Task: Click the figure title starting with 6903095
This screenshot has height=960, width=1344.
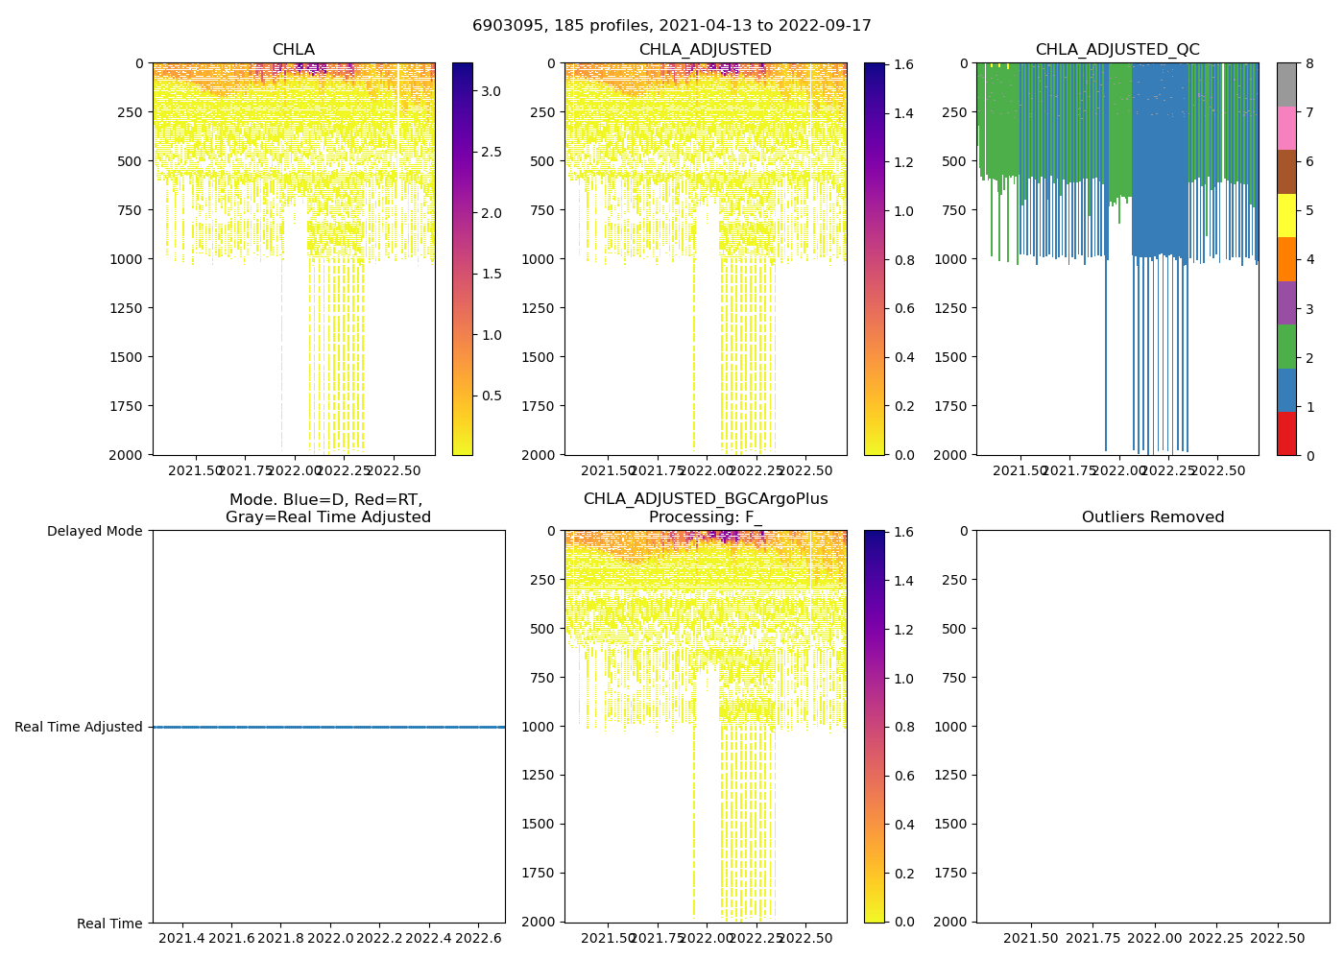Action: (672, 26)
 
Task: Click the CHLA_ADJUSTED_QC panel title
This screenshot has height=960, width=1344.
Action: (1117, 50)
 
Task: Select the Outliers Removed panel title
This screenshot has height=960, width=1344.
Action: (1153, 517)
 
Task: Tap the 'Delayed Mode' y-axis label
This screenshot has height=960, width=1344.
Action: (94, 531)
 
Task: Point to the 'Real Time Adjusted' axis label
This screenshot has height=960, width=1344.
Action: (79, 727)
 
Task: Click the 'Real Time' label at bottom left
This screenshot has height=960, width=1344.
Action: (109, 924)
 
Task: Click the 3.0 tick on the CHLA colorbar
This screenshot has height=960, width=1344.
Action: (491, 91)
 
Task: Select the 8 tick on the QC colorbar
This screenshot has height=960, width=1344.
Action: (1308, 64)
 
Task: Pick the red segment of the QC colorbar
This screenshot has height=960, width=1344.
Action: (1286, 433)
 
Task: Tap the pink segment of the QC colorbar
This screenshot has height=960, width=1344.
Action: (1286, 128)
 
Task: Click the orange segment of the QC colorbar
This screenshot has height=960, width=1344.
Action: (1286, 259)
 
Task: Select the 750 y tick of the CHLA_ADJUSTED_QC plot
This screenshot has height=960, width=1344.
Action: (955, 210)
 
